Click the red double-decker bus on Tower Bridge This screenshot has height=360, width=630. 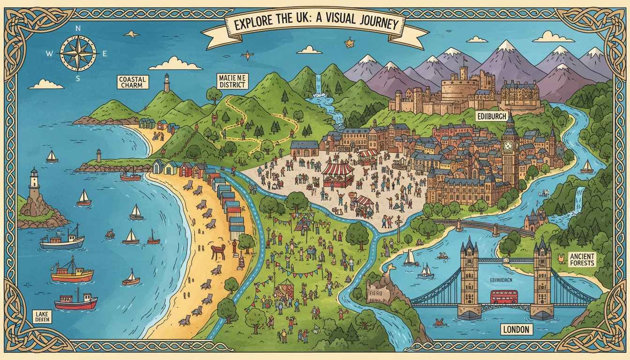[504, 297]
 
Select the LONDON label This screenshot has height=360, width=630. [516, 330]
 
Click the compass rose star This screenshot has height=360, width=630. [78, 53]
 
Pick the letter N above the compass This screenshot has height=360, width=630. [78, 29]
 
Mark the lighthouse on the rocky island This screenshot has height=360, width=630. [34, 185]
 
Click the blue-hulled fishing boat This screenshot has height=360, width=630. [62, 241]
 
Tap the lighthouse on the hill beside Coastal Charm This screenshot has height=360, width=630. [166, 82]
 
